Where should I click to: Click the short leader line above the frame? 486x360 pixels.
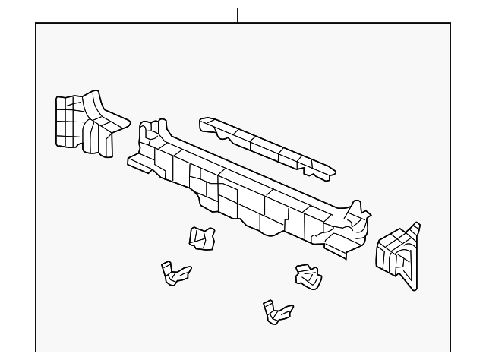click(x=238, y=14)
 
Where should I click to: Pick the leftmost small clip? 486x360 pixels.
click(x=173, y=272)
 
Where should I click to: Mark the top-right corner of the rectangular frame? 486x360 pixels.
click(x=450, y=23)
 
